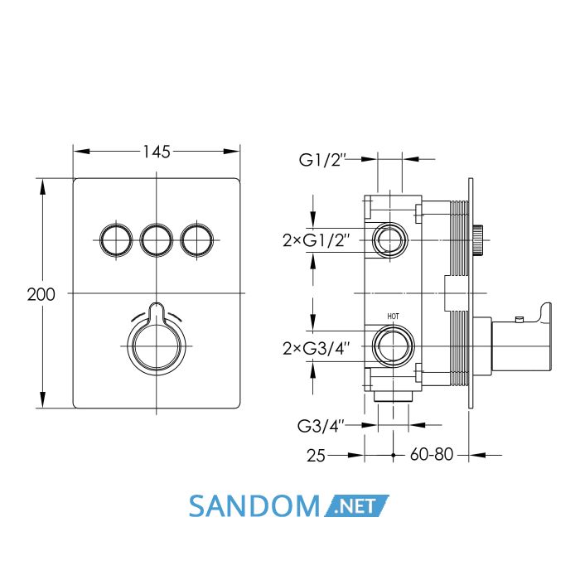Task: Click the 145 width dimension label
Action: pos(157,152)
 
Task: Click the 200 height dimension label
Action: pos(41,294)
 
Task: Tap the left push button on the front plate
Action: pos(116,239)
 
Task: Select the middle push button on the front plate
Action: pos(156,239)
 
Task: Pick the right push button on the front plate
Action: pos(197,239)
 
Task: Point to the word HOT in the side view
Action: pos(394,317)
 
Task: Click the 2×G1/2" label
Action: pos(317,241)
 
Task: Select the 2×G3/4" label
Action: pos(317,348)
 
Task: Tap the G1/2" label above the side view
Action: pos(321,160)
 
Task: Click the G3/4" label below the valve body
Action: pos(321,426)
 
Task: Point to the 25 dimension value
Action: pos(316,456)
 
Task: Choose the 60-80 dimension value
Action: pos(432,454)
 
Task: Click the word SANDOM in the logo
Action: pos(254,506)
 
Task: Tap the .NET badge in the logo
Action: pos(356,505)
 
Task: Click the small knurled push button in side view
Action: pos(478,240)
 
